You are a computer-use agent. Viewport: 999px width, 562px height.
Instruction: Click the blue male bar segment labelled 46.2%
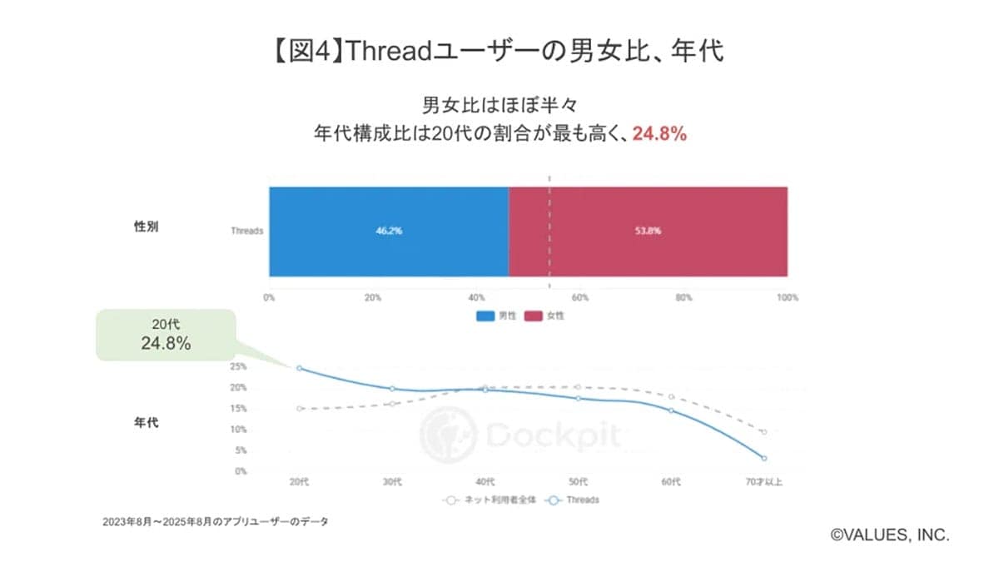(x=388, y=231)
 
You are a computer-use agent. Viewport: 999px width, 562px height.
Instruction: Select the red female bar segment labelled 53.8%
(x=648, y=231)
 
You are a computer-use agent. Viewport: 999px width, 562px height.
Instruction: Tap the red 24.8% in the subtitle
(x=659, y=134)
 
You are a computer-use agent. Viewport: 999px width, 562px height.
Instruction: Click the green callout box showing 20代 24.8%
(x=166, y=335)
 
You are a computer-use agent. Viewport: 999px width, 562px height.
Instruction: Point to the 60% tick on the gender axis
(x=579, y=297)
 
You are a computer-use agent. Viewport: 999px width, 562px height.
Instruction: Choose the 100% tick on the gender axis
(x=787, y=297)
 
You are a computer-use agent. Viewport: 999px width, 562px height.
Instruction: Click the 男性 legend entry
(x=497, y=316)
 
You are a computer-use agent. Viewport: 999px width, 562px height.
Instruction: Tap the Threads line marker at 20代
(x=300, y=368)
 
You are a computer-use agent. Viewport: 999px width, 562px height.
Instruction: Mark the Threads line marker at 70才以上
(x=763, y=458)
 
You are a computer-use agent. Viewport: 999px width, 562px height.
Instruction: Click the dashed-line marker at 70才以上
(x=763, y=431)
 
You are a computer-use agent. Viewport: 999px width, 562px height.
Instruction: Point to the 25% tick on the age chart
(x=238, y=366)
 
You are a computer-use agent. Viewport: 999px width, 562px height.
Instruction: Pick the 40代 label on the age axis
(x=485, y=482)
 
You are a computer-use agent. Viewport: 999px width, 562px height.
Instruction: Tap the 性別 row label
(x=146, y=226)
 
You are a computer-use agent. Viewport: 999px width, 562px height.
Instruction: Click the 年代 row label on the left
(x=146, y=422)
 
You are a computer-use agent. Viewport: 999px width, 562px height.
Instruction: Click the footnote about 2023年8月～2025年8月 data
(x=215, y=522)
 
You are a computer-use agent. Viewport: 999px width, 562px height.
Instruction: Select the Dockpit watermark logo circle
(x=448, y=434)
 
